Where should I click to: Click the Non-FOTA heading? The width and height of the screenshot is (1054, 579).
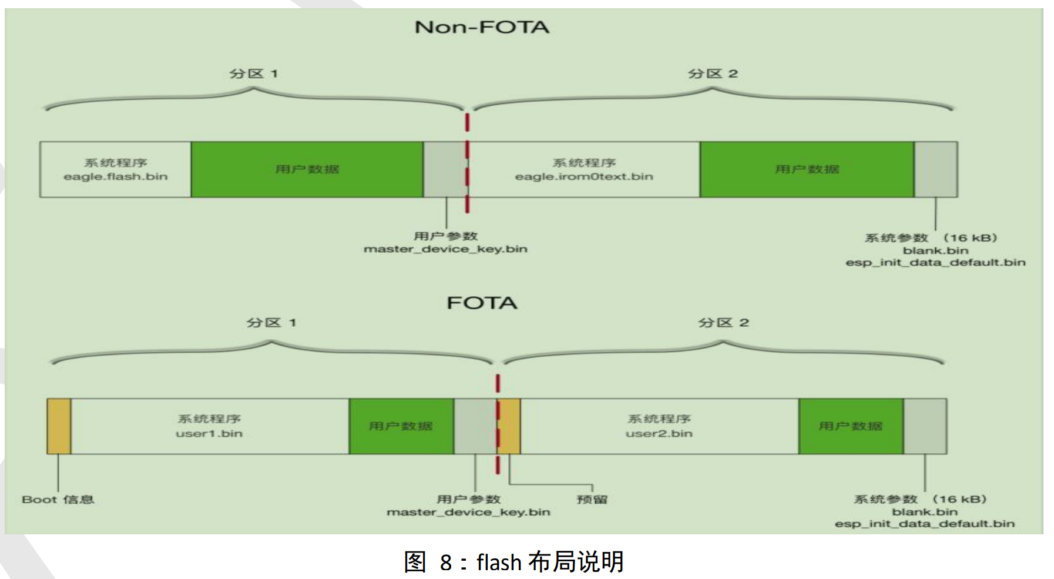[482, 27]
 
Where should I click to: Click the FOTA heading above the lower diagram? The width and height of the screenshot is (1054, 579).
[482, 303]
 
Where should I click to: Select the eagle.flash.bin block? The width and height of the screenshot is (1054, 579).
[115, 169]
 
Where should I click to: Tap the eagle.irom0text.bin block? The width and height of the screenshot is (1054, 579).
[584, 169]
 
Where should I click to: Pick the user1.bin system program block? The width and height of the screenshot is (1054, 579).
[209, 426]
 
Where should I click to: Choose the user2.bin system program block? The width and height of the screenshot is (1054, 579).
[659, 426]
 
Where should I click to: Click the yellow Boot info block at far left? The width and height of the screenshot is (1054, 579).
[59, 426]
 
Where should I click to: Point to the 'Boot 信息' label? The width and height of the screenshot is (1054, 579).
[58, 500]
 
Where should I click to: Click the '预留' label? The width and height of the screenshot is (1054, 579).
[592, 500]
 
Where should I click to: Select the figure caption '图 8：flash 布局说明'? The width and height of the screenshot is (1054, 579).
[513, 562]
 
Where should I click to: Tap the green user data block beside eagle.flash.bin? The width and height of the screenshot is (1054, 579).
[307, 169]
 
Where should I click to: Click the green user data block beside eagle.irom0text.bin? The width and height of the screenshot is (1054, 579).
[807, 169]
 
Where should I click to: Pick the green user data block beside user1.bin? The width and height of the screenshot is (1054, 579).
[401, 426]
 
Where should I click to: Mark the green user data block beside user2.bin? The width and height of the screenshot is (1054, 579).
[850, 426]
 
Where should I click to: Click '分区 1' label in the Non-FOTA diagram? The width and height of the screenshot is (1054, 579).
[253, 73]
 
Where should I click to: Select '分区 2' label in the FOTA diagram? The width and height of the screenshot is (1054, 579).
[723, 323]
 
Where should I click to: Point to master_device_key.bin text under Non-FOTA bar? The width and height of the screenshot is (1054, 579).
[445, 249]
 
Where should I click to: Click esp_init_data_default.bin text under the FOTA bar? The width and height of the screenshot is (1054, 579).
[925, 524]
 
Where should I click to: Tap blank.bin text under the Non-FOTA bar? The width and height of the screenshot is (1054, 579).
[935, 250]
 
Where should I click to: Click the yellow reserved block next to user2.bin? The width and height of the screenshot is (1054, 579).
[509, 426]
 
